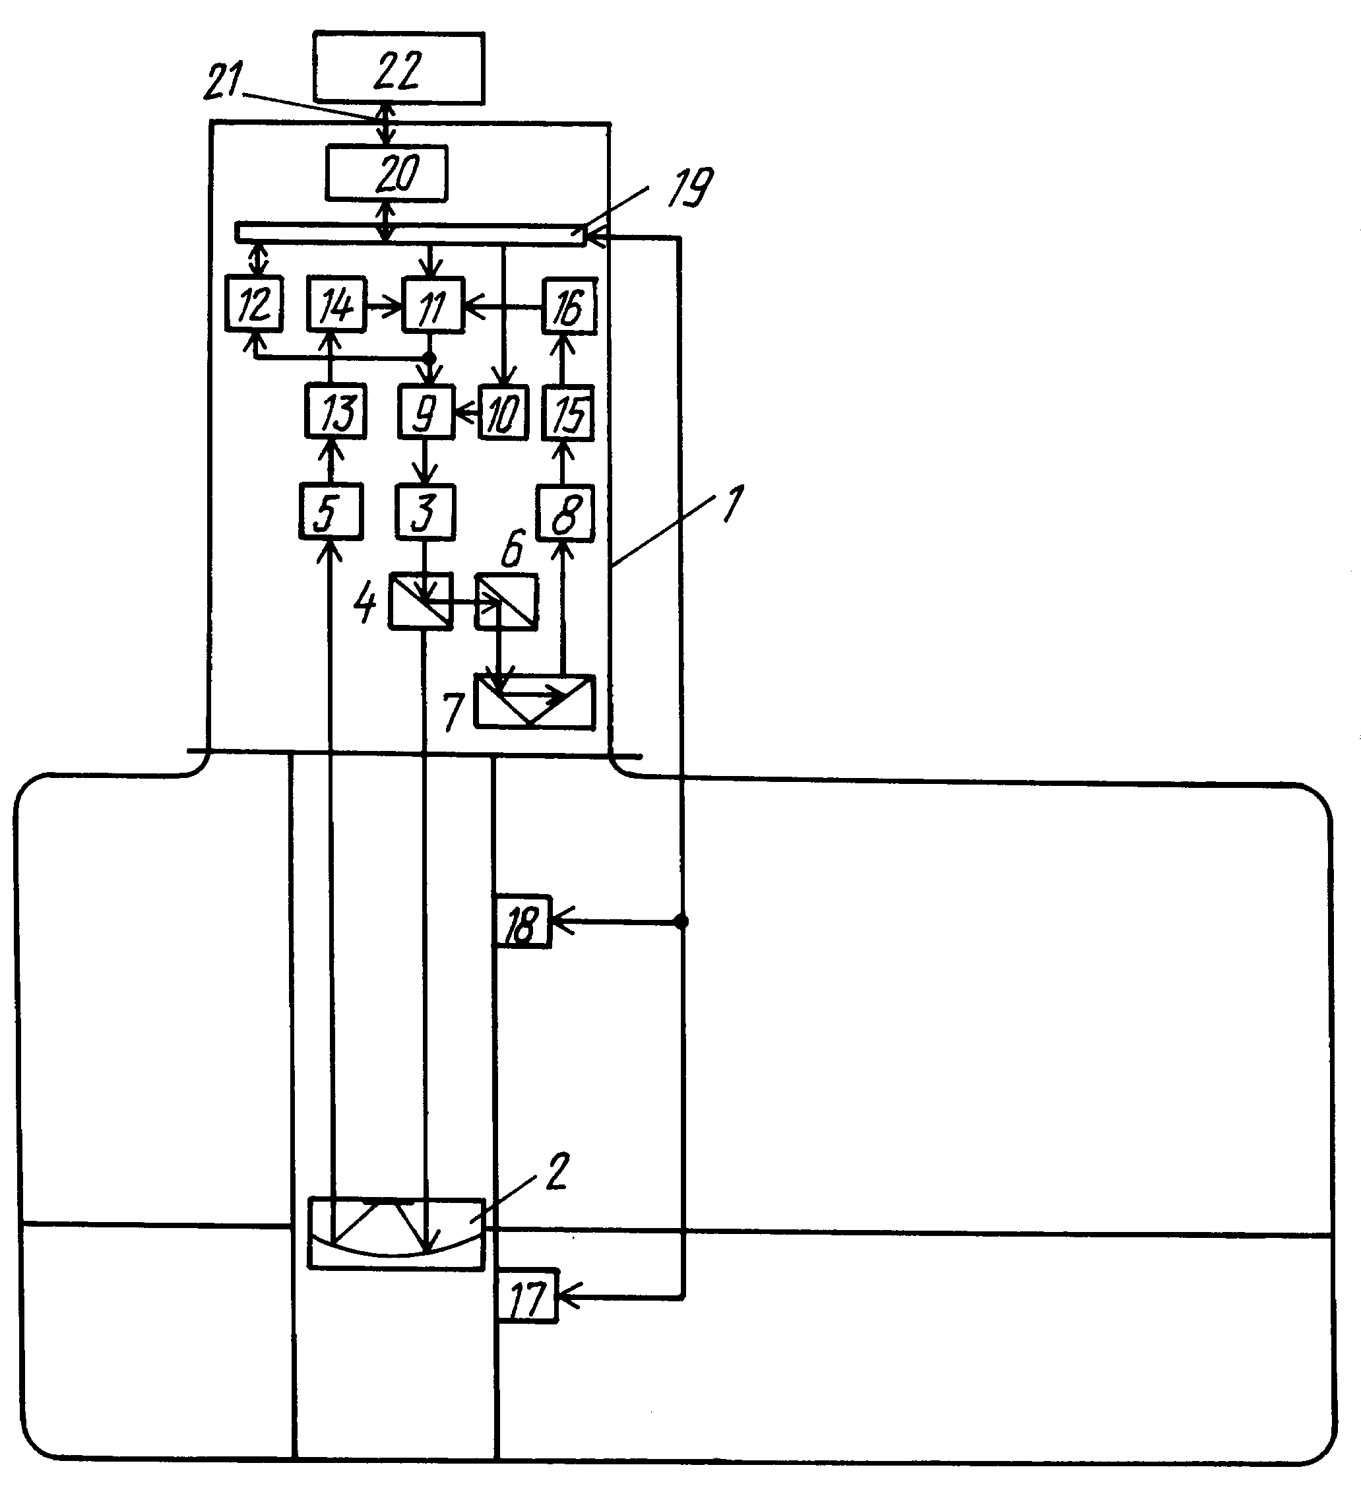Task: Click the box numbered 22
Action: pyautogui.click(x=398, y=68)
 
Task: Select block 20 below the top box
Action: pyautogui.click(x=387, y=173)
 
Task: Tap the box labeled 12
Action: pyautogui.click(x=254, y=304)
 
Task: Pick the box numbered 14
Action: pyautogui.click(x=336, y=304)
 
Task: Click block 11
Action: pyautogui.click(x=433, y=304)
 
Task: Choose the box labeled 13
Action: pyautogui.click(x=335, y=412)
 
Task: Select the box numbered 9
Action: pyautogui.click(x=426, y=412)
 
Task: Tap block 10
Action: pyautogui.click(x=503, y=412)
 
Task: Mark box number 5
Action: pyautogui.click(x=331, y=511)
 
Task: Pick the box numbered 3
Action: pyautogui.click(x=426, y=511)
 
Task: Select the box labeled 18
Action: pyautogui.click(x=522, y=921)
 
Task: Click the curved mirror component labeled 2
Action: pyautogui.click(x=396, y=1234)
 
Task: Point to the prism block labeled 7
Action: pyautogui.click(x=534, y=701)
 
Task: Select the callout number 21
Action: pyautogui.click(x=223, y=81)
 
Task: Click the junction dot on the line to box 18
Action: pyautogui.click(x=681, y=921)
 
